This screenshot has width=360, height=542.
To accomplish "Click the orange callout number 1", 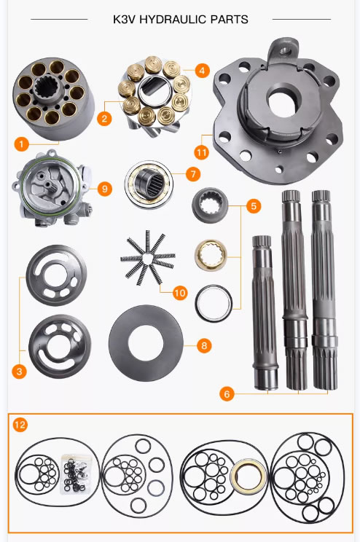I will tap(23, 144).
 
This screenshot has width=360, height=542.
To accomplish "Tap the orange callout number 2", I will tap(105, 117).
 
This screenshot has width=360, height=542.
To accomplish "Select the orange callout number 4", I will tap(202, 71).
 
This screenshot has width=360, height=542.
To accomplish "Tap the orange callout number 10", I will tap(180, 293).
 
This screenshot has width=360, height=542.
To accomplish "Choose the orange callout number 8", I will tap(204, 345).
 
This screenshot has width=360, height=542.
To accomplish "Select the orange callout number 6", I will tap(228, 394).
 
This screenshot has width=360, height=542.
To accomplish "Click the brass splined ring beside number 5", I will tap(213, 255).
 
